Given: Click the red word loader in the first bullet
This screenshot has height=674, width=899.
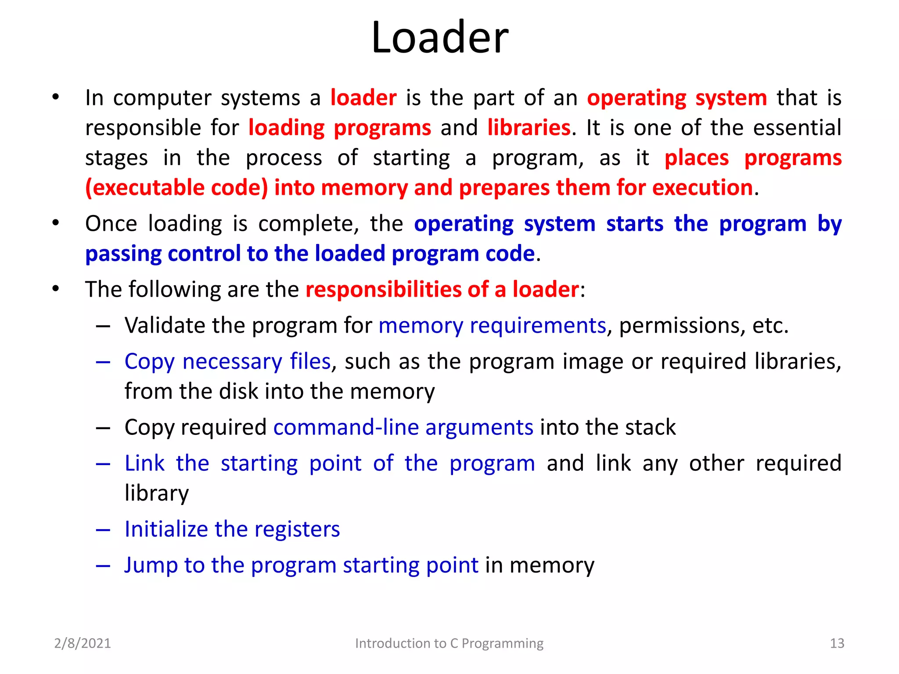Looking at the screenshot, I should coord(363,97).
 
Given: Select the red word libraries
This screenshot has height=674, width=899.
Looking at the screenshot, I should coord(529,128).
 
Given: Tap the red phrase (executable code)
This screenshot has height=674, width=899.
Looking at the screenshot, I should coord(176,188).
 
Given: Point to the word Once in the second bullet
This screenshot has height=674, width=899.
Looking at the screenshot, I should coord(111,224).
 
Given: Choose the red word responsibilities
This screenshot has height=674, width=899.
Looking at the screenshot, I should coord(383,290).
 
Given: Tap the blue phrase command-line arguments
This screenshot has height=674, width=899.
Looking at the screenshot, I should coord(403,427).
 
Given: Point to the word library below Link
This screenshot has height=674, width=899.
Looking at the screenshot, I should coord(157,493).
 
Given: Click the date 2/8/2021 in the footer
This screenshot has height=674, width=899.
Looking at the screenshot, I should coord(83,643).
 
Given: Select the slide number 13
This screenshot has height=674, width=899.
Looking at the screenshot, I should coord(837,643).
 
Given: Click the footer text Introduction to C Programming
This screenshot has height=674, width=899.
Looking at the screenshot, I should coord(449,643).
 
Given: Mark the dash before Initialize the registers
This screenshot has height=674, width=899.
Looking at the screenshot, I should coord(103,530).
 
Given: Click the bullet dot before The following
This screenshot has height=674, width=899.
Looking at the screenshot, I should coord(55,289).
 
